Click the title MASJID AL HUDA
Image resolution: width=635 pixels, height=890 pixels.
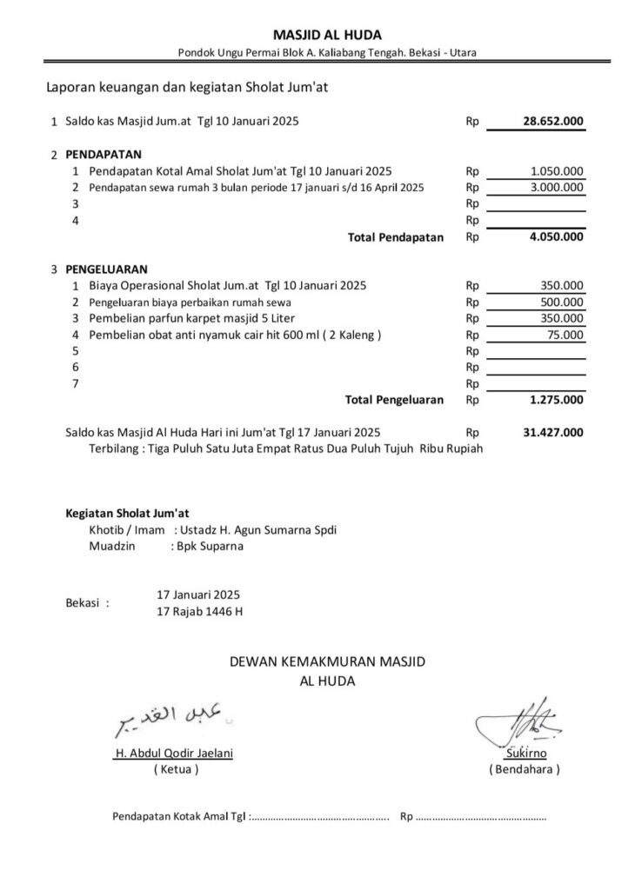(326, 35)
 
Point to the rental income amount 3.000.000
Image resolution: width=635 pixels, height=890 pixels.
(557, 187)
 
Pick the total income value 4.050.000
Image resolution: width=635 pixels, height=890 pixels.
(556, 236)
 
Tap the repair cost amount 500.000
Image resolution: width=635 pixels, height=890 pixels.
(563, 302)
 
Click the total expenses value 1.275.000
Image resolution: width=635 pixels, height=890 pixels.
(556, 400)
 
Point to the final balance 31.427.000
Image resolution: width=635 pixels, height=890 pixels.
(553, 432)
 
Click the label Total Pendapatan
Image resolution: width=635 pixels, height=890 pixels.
(396, 236)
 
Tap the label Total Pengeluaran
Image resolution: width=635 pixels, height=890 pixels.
(394, 400)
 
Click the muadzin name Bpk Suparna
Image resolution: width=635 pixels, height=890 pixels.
(210, 547)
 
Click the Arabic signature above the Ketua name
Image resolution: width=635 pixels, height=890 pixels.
(173, 715)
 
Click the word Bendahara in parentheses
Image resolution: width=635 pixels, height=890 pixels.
(525, 769)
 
